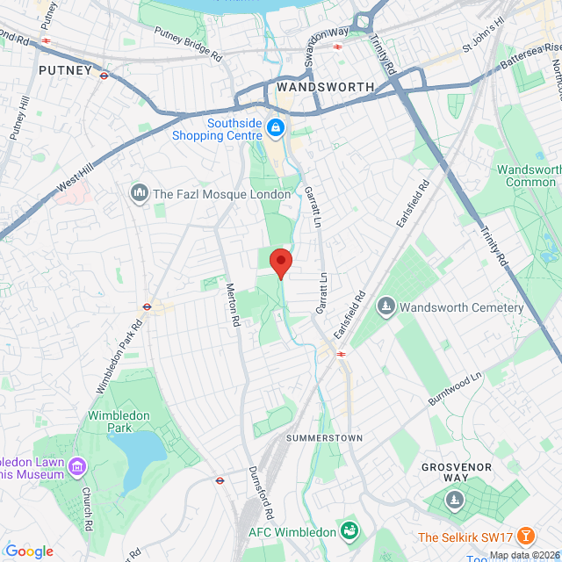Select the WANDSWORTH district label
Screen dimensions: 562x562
(325, 87)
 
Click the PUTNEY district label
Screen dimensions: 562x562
(65, 69)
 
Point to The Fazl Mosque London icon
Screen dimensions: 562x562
(139, 193)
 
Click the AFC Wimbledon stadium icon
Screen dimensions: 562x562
(350, 530)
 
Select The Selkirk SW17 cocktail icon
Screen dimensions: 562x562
(526, 536)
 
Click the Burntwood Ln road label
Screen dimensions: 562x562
(456, 387)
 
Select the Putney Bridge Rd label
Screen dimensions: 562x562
(188, 44)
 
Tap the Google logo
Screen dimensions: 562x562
(29, 551)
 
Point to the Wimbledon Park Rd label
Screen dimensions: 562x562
(119, 355)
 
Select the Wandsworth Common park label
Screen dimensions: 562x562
(529, 176)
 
